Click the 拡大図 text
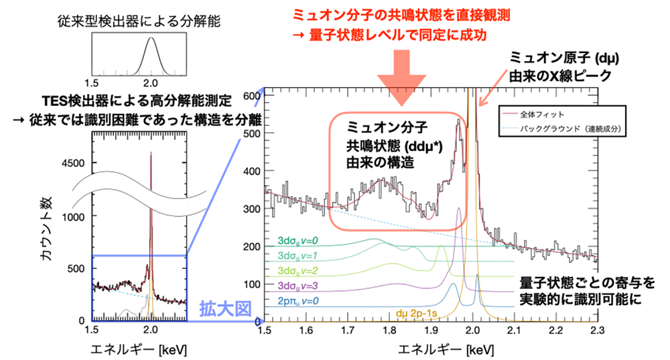tap(224, 310)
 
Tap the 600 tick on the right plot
tap(251, 96)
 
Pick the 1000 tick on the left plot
tap(75, 217)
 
